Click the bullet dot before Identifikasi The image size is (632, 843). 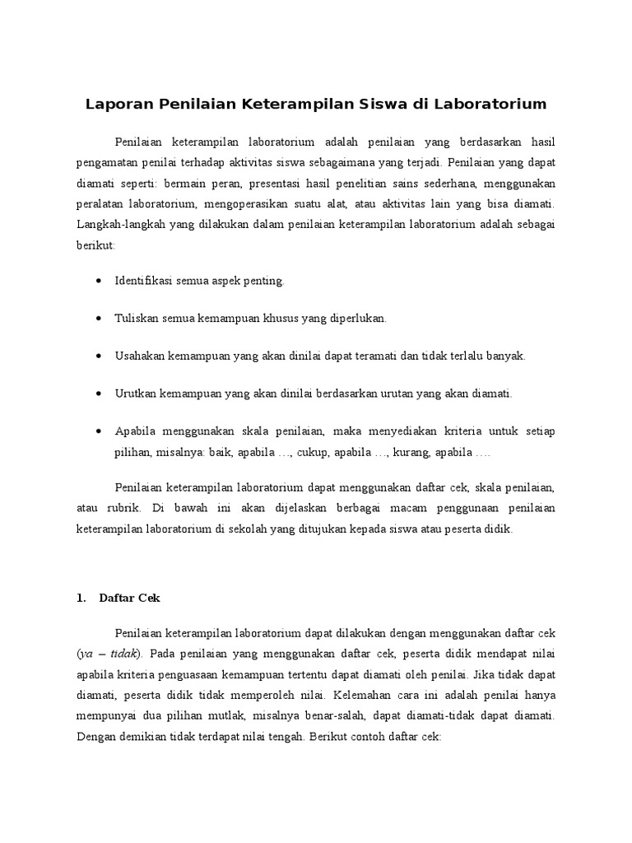(x=98, y=281)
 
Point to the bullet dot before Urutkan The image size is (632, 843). (x=98, y=394)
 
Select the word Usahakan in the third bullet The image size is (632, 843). (x=140, y=356)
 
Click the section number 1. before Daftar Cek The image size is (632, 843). (x=81, y=598)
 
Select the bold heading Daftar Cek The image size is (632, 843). (x=129, y=598)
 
